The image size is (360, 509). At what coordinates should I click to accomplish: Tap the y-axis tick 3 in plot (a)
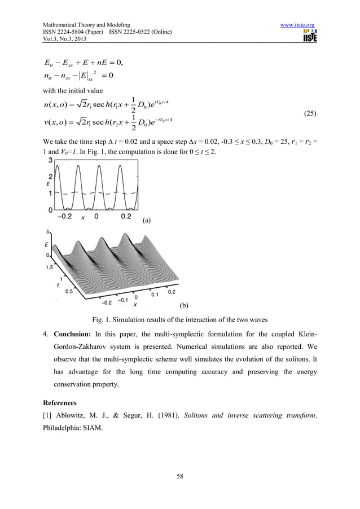[50, 161]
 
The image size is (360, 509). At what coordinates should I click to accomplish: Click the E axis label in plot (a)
[49, 184]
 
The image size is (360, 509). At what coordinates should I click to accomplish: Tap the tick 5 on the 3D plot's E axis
[49, 231]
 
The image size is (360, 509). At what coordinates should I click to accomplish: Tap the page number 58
[179, 477]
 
